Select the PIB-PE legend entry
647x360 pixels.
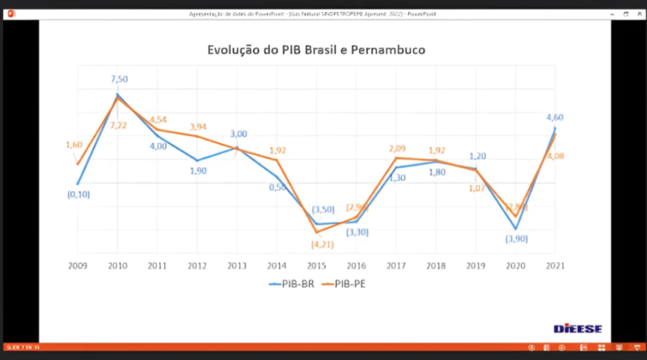click(x=344, y=284)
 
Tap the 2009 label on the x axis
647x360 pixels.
click(x=77, y=265)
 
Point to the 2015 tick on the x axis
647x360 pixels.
click(x=316, y=265)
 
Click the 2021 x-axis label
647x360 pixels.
click(x=555, y=265)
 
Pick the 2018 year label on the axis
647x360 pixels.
click(x=436, y=265)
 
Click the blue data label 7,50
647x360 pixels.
click(x=118, y=78)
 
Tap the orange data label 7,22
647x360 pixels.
click(x=118, y=125)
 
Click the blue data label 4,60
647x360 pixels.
click(x=555, y=116)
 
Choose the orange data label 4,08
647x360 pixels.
click(x=555, y=155)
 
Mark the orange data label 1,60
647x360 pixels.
click(x=74, y=145)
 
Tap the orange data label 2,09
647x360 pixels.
click(x=397, y=148)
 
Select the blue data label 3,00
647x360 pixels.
click(x=238, y=134)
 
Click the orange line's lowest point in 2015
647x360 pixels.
click(x=316, y=233)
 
